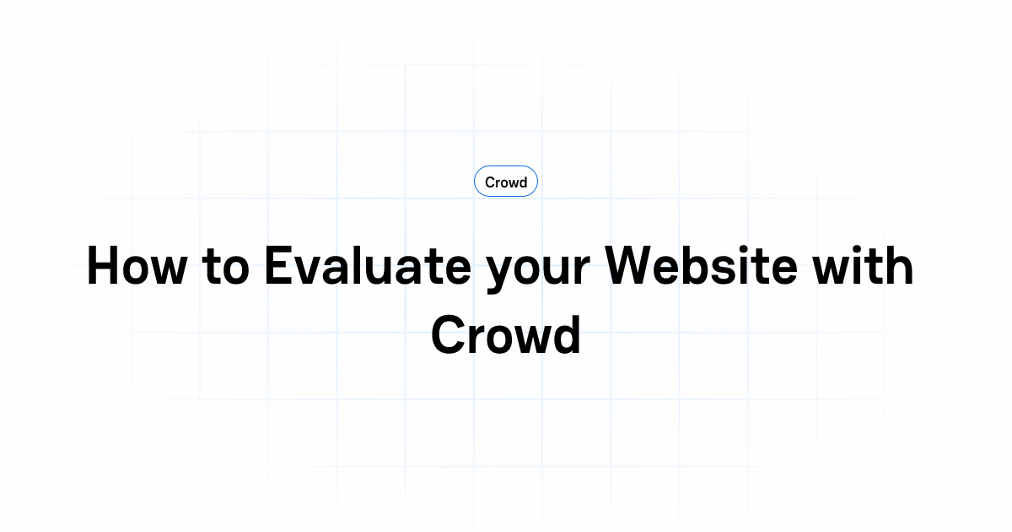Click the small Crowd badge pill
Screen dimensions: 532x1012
point(506,182)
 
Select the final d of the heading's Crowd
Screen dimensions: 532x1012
point(565,334)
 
